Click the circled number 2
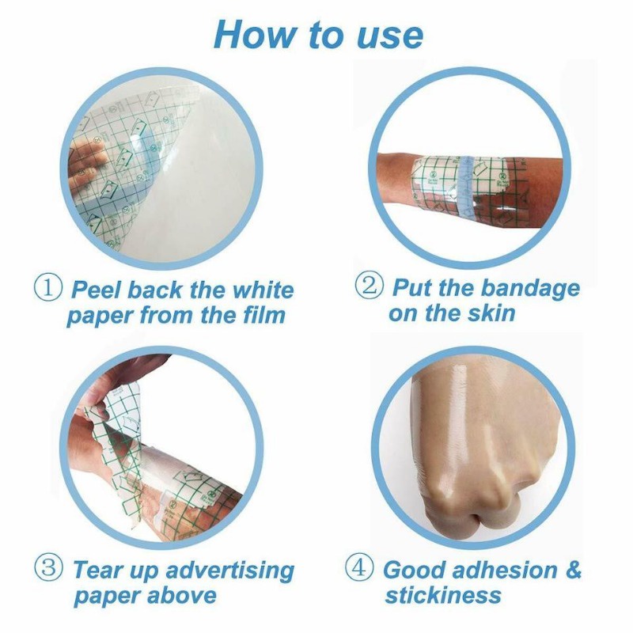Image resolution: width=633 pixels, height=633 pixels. (369, 286)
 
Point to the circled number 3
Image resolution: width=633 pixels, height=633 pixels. (48, 567)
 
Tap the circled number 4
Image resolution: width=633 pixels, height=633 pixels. (358, 567)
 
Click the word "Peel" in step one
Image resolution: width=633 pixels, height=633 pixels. (97, 290)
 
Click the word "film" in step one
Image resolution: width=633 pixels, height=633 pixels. (264, 314)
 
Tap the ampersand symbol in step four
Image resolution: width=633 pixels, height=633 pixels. (573, 570)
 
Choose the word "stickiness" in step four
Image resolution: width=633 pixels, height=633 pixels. (443, 595)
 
